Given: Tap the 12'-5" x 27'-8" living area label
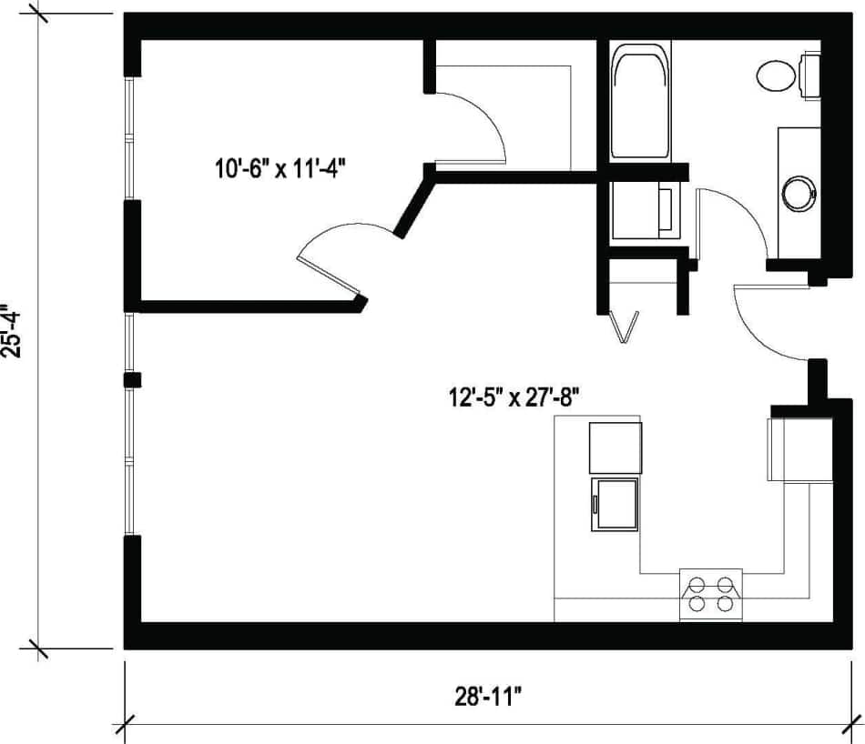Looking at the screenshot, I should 513,397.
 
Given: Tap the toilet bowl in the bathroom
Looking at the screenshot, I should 777,75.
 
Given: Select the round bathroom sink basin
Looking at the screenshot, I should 801,193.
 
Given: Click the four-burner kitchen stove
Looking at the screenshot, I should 711,594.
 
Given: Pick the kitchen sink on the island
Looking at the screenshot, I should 615,504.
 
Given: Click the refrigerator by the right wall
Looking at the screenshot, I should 799,449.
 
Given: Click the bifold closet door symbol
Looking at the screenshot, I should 625,327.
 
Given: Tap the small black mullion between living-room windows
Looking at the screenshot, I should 132,379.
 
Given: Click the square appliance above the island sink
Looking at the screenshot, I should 615,448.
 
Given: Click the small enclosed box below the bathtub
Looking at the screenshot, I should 643,211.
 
